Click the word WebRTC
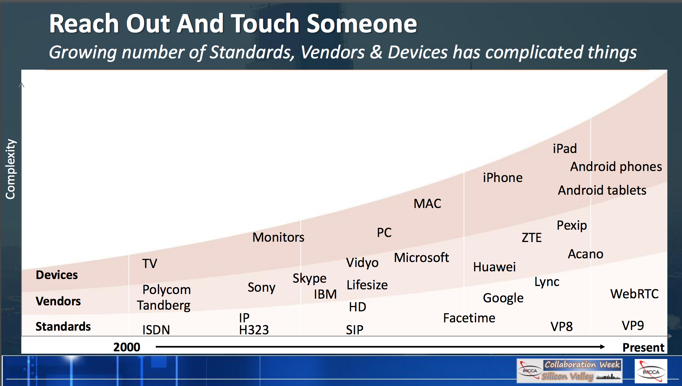point(634,294)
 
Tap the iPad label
point(565,149)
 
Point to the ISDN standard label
point(156,330)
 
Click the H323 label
point(254,330)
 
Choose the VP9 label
point(633,325)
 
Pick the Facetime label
point(469,318)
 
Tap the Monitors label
point(278,237)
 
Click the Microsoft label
point(422,258)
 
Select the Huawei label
point(495,267)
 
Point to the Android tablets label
point(602,190)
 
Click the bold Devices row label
point(57,275)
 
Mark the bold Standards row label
point(63,326)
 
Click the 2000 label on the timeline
point(127,347)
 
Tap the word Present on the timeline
point(643,347)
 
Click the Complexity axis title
point(10,169)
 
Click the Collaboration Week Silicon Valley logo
point(569,371)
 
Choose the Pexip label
point(572,226)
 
